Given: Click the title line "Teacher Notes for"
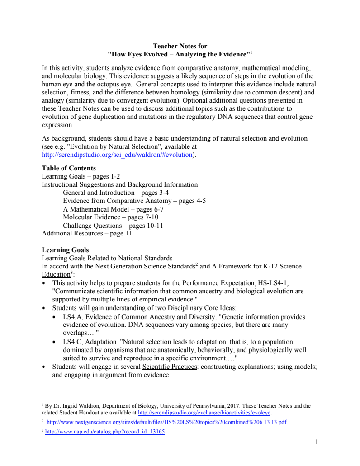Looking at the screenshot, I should (180, 46).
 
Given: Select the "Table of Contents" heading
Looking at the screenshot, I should (69, 168).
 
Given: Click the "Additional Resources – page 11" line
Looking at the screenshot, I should (87, 234).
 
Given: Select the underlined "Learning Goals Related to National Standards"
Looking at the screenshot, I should (107, 258).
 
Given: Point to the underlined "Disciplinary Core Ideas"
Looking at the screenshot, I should (201, 308).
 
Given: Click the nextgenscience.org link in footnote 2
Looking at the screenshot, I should (166, 422).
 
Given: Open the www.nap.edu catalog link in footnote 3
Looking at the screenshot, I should (105, 432).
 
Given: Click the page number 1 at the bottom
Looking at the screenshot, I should (316, 442).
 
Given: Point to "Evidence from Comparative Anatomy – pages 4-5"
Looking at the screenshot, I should (134, 201).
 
